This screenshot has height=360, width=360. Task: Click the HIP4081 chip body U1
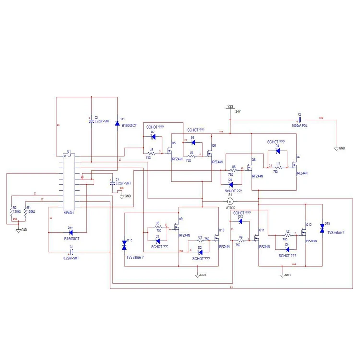[x=68, y=182]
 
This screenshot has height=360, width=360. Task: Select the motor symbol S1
[x=229, y=201]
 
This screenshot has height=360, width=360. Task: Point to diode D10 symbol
[x=70, y=232]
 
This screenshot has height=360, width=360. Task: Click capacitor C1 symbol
[x=71, y=252]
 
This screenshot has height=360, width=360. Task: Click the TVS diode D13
[x=124, y=245]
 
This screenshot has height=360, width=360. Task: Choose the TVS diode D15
[x=322, y=228]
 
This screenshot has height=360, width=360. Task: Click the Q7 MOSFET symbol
[x=292, y=165]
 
